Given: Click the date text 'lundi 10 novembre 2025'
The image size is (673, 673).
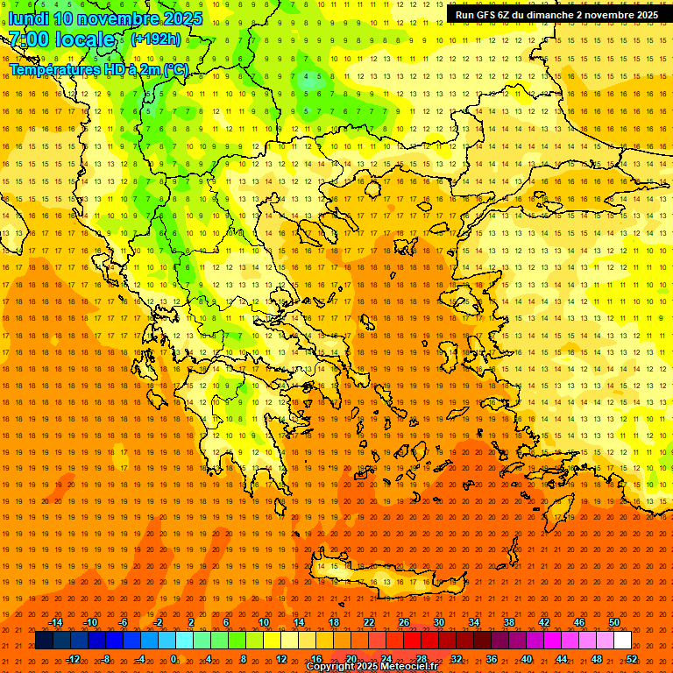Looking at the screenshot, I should pyautogui.click(x=106, y=18).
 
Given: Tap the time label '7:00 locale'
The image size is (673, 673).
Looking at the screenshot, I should pyautogui.click(x=61, y=39).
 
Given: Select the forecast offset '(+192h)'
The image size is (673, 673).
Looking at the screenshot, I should pyautogui.click(x=156, y=39).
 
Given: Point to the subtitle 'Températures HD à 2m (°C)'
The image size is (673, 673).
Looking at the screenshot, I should pyautogui.click(x=99, y=69).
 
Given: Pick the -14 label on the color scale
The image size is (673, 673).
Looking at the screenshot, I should pyautogui.click(x=56, y=622).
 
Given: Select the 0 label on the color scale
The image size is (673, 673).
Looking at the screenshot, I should pyautogui.click(x=174, y=659).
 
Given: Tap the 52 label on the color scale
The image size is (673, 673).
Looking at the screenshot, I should pyautogui.click(x=633, y=659).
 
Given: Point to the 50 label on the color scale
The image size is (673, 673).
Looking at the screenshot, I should pyautogui.click(x=614, y=622).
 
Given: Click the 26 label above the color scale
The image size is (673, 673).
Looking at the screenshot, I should pyautogui.click(x=404, y=622).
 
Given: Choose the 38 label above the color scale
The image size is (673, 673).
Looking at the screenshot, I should pyautogui.click(x=509, y=622).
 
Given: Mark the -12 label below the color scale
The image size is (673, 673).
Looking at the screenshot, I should pyautogui.click(x=74, y=659).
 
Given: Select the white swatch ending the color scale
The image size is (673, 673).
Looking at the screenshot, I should pyautogui.click(x=622, y=641).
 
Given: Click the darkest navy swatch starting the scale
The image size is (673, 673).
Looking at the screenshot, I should pyautogui.click(x=44, y=641).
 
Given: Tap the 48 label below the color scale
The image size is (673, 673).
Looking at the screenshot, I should pyautogui.click(x=597, y=659).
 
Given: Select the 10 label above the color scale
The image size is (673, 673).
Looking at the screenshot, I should pyautogui.click(x=264, y=622).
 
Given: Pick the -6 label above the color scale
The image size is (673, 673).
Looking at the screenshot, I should pyautogui.click(x=124, y=622).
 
